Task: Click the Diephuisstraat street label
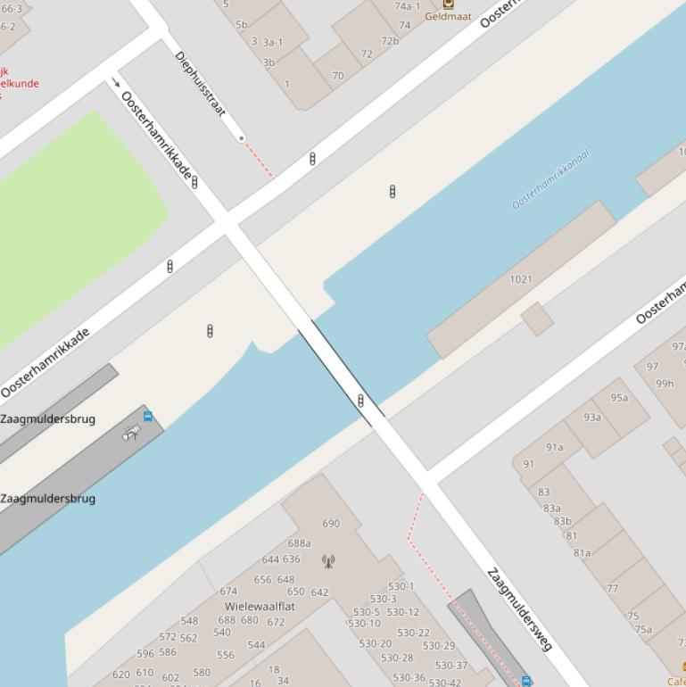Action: pyautogui.click(x=201, y=84)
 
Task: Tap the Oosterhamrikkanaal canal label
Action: pyautogui.click(x=550, y=180)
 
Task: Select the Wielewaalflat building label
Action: pyautogui.click(x=260, y=606)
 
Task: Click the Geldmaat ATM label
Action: pyautogui.click(x=448, y=16)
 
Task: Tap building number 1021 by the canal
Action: pyautogui.click(x=521, y=279)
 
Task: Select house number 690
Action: pyautogui.click(x=331, y=524)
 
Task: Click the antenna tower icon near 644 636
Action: pyautogui.click(x=328, y=561)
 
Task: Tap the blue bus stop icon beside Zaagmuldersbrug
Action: pyautogui.click(x=148, y=416)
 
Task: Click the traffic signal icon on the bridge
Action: pyautogui.click(x=360, y=401)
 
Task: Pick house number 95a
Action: pyautogui.click(x=619, y=398)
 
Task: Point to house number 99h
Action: pyautogui.click(x=665, y=384)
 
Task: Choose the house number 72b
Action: pyautogui.click(x=390, y=41)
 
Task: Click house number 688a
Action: pyautogui.click(x=299, y=543)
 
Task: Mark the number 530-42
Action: pyautogui.click(x=445, y=683)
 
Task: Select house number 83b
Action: pyautogui.click(x=562, y=522)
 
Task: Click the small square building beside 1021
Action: pyautogui.click(x=537, y=319)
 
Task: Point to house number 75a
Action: pyautogui.click(x=643, y=629)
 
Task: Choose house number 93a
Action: pyautogui.click(x=592, y=417)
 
